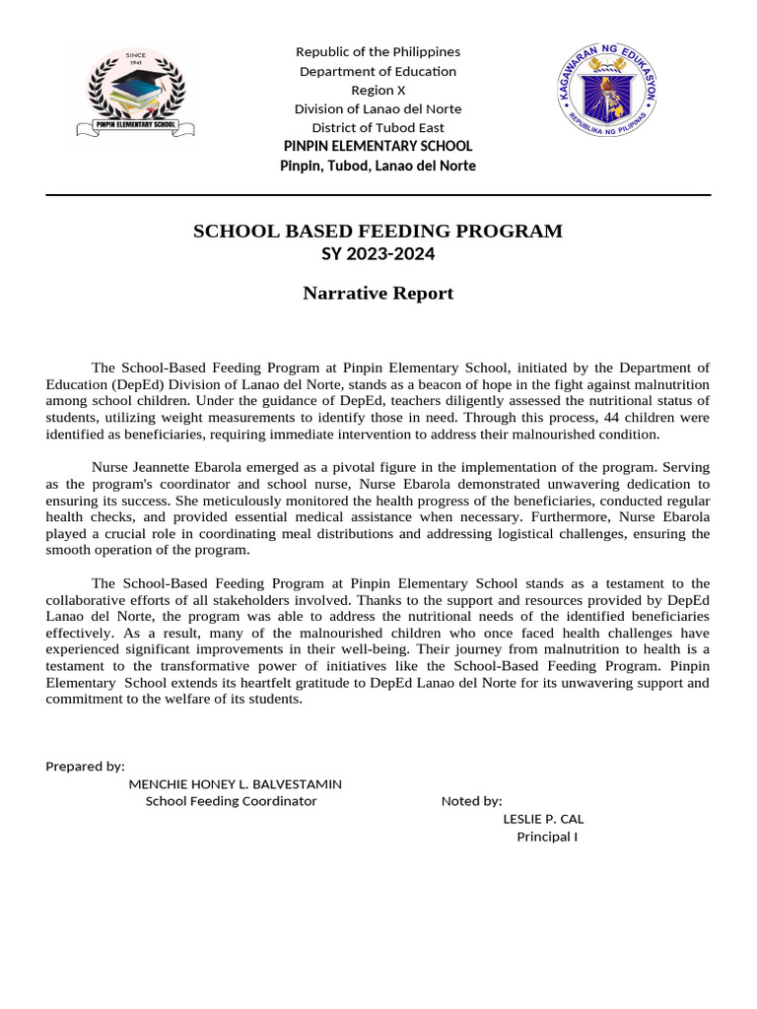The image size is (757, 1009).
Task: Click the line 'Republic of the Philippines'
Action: click(378, 51)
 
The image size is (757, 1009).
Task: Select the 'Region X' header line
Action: click(378, 90)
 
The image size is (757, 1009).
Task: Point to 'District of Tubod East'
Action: click(378, 127)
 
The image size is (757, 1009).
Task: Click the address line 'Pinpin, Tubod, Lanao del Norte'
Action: click(378, 166)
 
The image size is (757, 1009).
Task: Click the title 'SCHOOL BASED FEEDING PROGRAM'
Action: click(378, 232)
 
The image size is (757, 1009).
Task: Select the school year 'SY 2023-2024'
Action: click(378, 254)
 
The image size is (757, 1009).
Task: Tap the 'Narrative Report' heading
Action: click(378, 294)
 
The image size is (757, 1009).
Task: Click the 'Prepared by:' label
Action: click(86, 766)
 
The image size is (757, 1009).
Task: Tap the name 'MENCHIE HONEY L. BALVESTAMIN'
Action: click(236, 784)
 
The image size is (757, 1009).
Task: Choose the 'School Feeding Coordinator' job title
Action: click(232, 801)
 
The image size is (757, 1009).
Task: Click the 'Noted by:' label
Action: click(472, 801)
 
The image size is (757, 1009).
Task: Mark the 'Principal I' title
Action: click(547, 837)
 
